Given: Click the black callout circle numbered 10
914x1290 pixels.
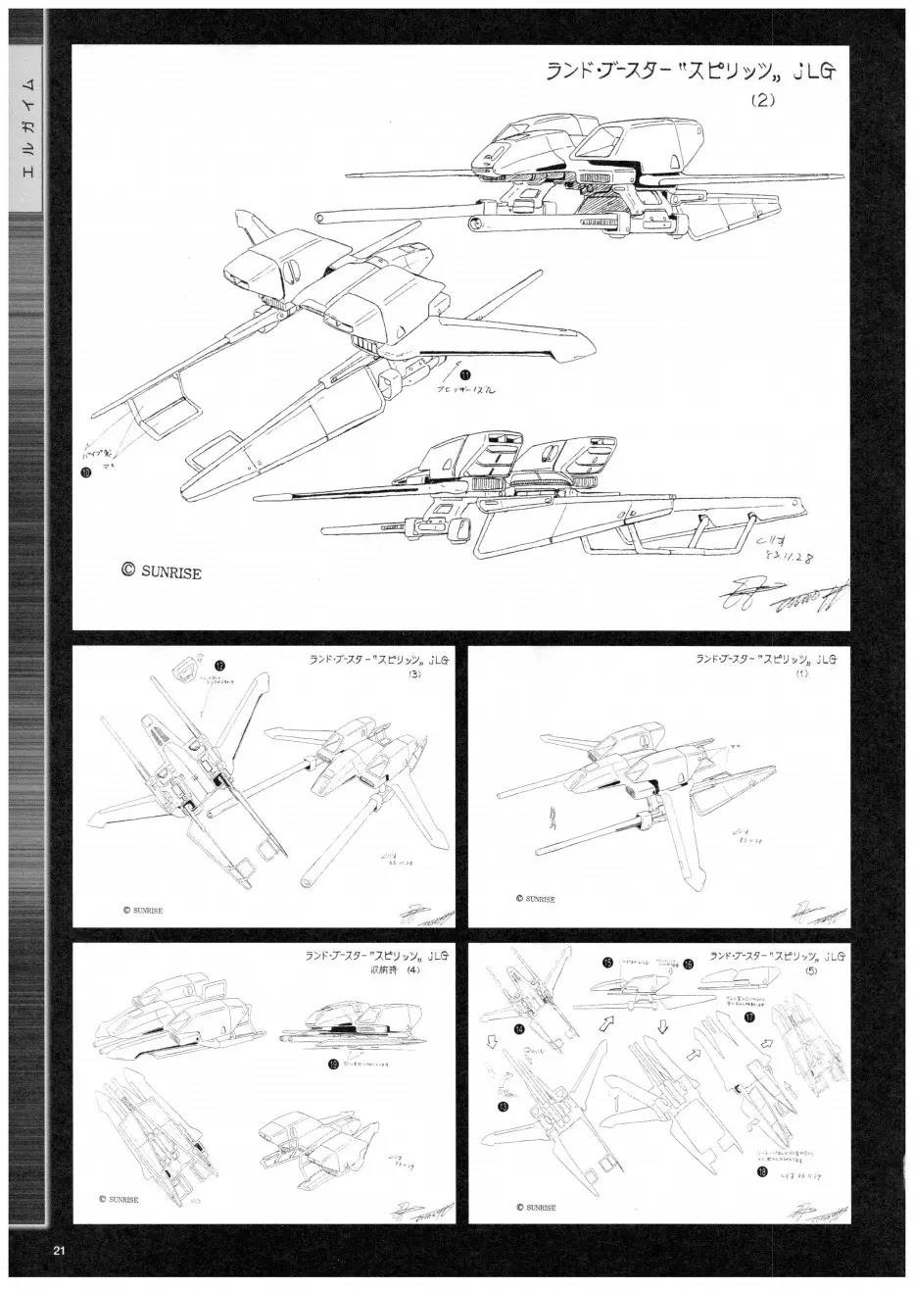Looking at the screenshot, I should pyautogui.click(x=88, y=471).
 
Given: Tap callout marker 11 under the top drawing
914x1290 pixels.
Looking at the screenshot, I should pyautogui.click(x=465, y=373).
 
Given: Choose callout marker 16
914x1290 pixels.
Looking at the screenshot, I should pyautogui.click(x=689, y=965).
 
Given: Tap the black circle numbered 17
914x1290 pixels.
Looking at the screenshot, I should pyautogui.click(x=748, y=1017).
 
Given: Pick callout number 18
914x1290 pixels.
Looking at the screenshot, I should pyautogui.click(x=761, y=1170).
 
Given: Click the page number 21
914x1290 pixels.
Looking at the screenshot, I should pyautogui.click(x=59, y=1250).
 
